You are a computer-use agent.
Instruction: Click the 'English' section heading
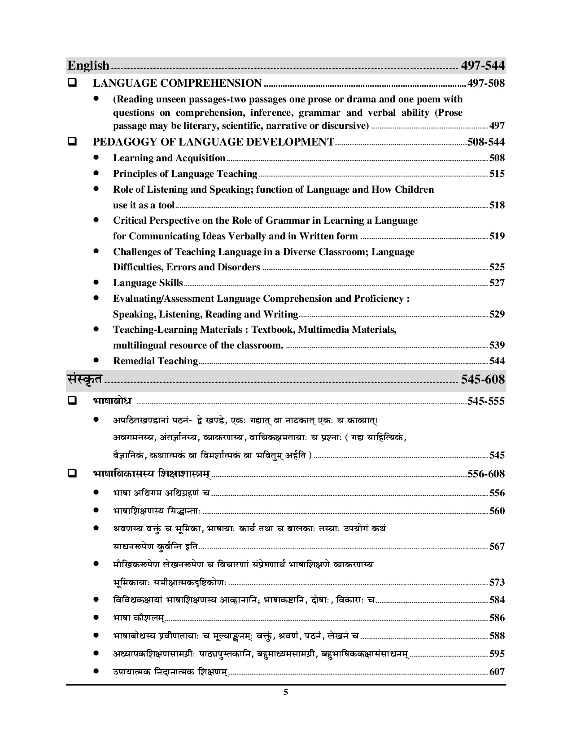(x=88, y=66)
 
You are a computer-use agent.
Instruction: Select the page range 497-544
(x=483, y=66)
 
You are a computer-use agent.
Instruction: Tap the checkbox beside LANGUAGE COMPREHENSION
(x=72, y=83)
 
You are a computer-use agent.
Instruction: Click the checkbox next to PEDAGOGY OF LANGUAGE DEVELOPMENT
(x=72, y=142)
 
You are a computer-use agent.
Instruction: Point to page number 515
(x=497, y=174)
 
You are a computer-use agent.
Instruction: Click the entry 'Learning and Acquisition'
(x=169, y=158)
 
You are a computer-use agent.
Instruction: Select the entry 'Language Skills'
(x=148, y=283)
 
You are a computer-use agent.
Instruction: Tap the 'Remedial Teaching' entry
(x=156, y=361)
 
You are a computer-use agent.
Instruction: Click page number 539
(x=497, y=345)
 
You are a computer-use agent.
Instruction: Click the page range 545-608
(x=483, y=379)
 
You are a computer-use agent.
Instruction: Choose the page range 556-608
(x=486, y=474)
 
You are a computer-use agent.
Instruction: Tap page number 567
(x=497, y=547)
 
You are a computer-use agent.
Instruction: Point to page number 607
(x=497, y=672)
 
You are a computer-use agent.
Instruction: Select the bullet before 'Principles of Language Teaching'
(x=96, y=173)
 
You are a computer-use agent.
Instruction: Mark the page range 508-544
(x=486, y=142)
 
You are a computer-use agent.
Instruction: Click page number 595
(x=497, y=654)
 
